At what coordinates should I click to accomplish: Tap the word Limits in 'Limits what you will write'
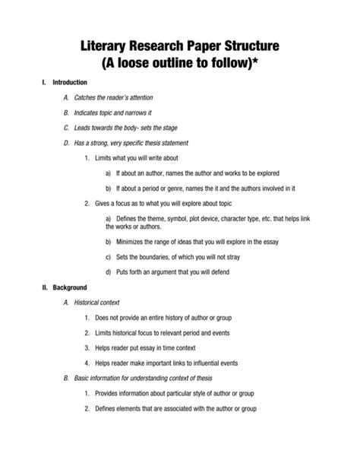coord(105,157)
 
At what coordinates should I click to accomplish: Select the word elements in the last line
coord(137,408)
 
